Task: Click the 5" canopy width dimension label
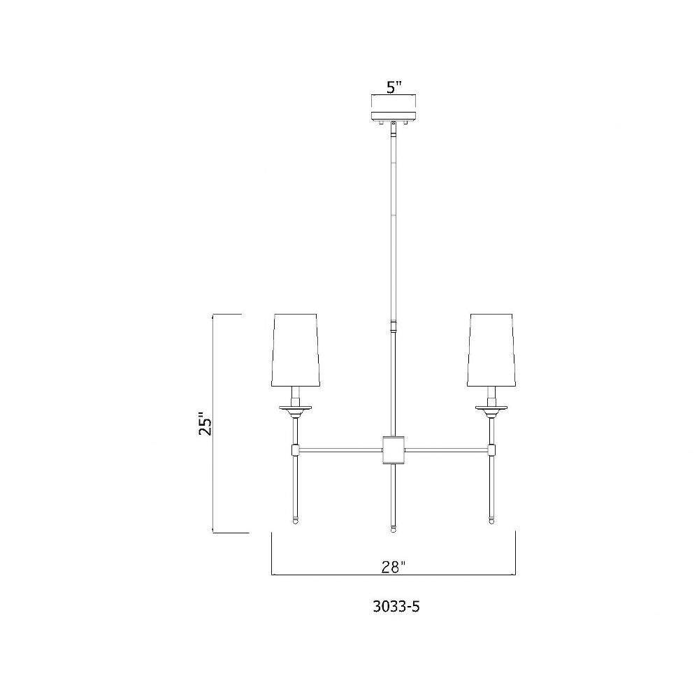394,87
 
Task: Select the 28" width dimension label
394,567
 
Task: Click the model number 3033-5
396,607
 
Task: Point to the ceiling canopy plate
394,116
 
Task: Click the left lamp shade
295,350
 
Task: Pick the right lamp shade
491,350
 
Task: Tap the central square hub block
394,449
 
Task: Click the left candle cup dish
295,408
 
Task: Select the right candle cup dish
491,408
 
